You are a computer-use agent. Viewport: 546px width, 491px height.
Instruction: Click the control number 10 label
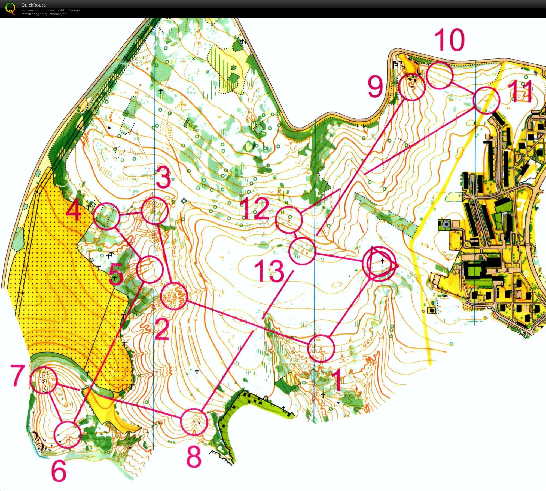449,40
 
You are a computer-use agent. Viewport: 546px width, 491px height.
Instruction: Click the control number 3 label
163,178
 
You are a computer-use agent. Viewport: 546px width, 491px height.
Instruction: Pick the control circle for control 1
321,348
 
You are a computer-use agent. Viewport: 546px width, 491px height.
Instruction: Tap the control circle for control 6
68,435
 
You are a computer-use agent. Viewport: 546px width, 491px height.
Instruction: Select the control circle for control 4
106,216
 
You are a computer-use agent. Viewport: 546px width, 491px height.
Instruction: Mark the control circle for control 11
487,100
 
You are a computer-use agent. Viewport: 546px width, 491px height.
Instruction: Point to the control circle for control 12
289,220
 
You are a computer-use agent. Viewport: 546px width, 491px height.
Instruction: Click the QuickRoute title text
33,5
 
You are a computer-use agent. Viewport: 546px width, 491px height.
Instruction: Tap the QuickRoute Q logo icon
10,8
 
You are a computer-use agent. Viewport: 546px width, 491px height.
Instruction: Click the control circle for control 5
150,269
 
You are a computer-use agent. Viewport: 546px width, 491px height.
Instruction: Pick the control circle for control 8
194,422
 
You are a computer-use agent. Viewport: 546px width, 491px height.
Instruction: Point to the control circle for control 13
302,251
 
